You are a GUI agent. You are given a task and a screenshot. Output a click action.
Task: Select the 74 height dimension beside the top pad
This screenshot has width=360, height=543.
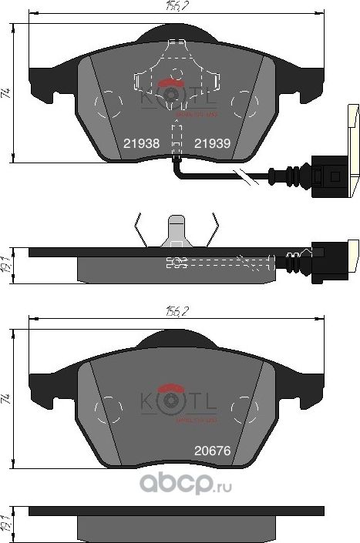(6, 93)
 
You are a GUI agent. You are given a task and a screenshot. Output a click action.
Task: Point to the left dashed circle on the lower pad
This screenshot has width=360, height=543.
(113, 406)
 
